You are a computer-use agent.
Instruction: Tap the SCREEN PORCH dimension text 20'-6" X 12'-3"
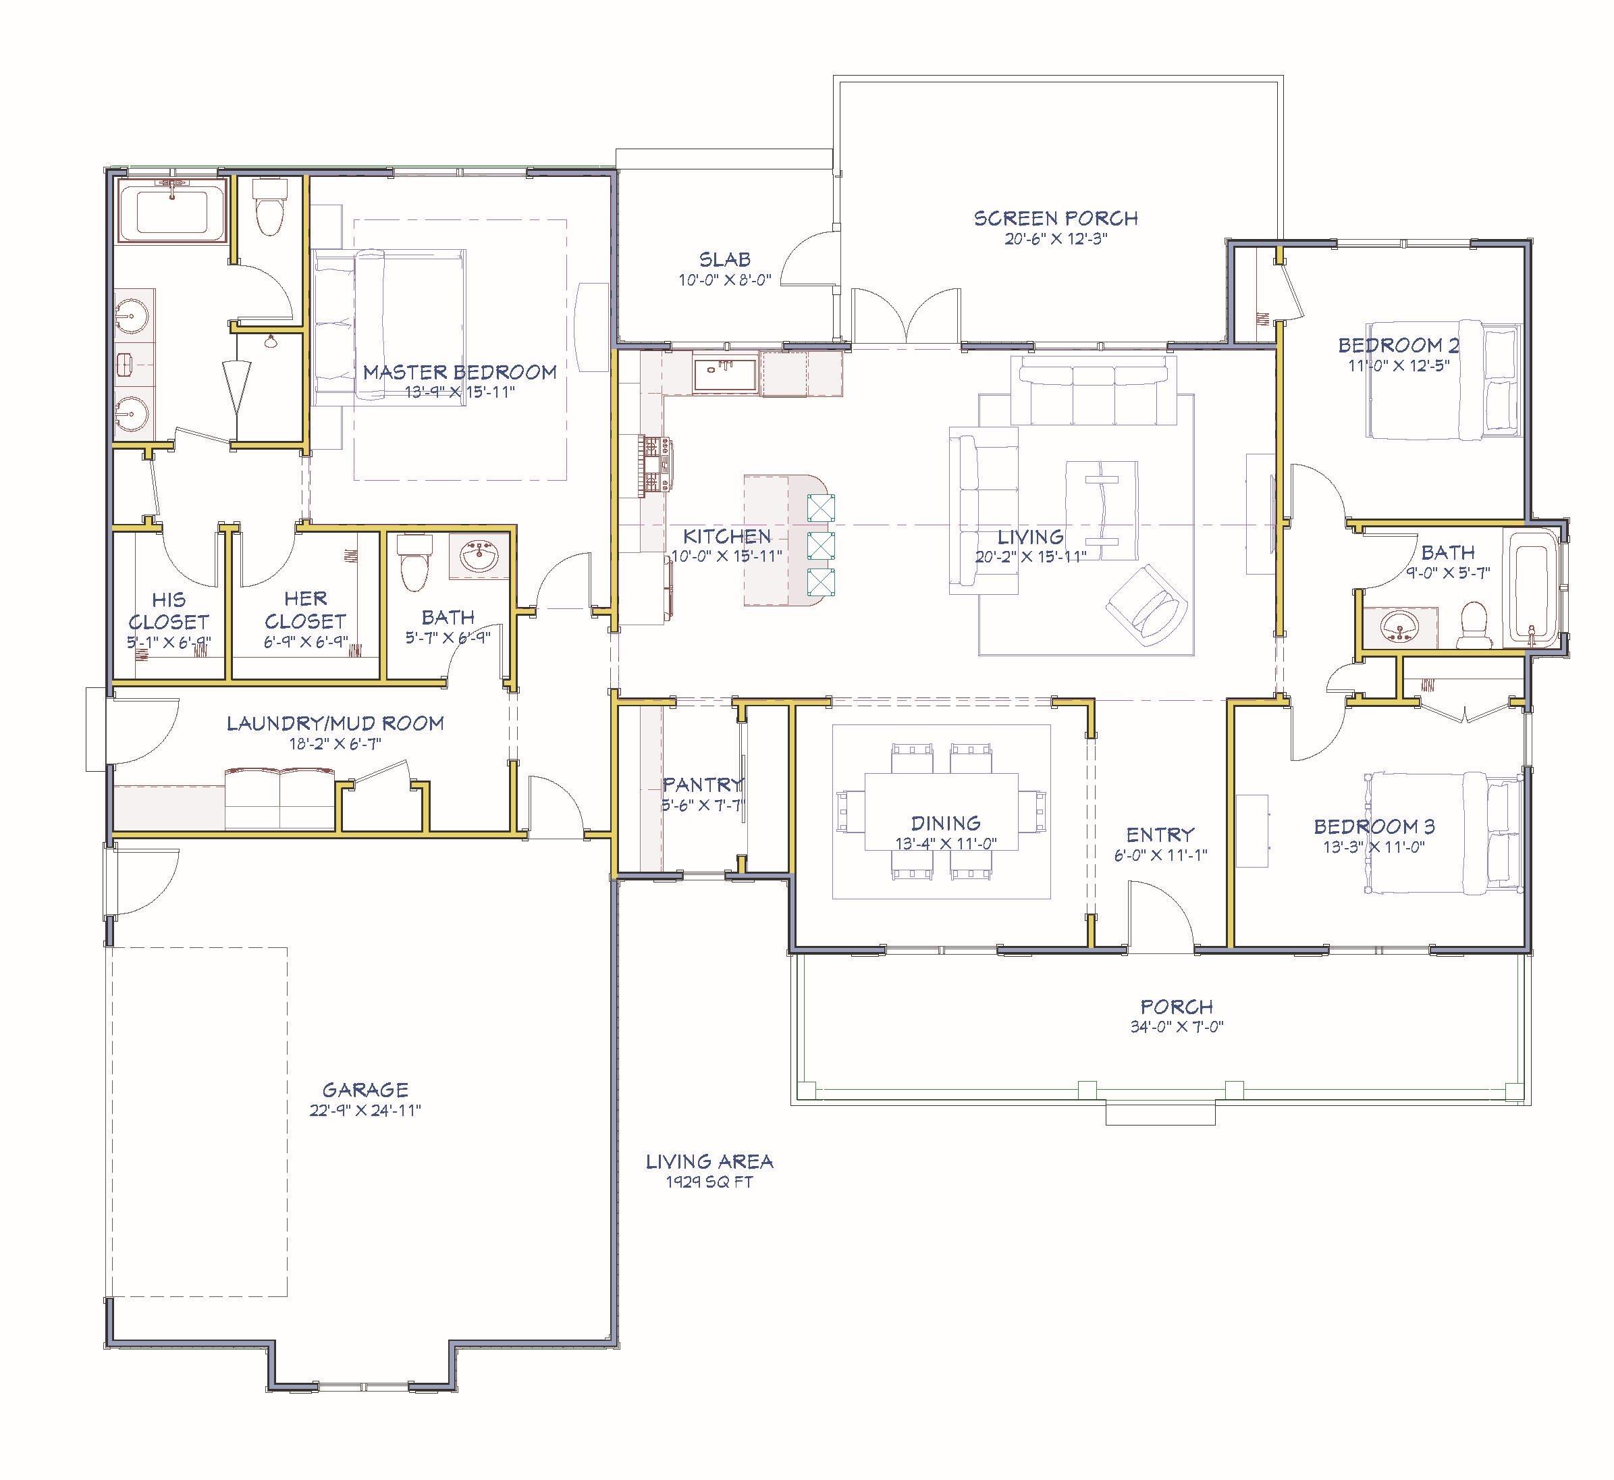click(1055, 238)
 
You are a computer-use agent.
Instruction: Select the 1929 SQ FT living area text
click(709, 1182)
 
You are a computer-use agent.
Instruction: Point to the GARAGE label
click(365, 1089)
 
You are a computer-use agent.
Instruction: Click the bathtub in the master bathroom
click(173, 211)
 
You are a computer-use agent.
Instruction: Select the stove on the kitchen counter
click(655, 463)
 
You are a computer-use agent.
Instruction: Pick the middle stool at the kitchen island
click(822, 545)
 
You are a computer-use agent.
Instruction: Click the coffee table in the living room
click(1101, 510)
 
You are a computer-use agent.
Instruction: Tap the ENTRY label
click(1160, 834)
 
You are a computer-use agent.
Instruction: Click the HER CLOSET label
click(305, 610)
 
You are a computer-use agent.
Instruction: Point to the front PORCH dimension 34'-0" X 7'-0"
click(1177, 1027)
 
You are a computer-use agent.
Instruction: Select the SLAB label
click(726, 259)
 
